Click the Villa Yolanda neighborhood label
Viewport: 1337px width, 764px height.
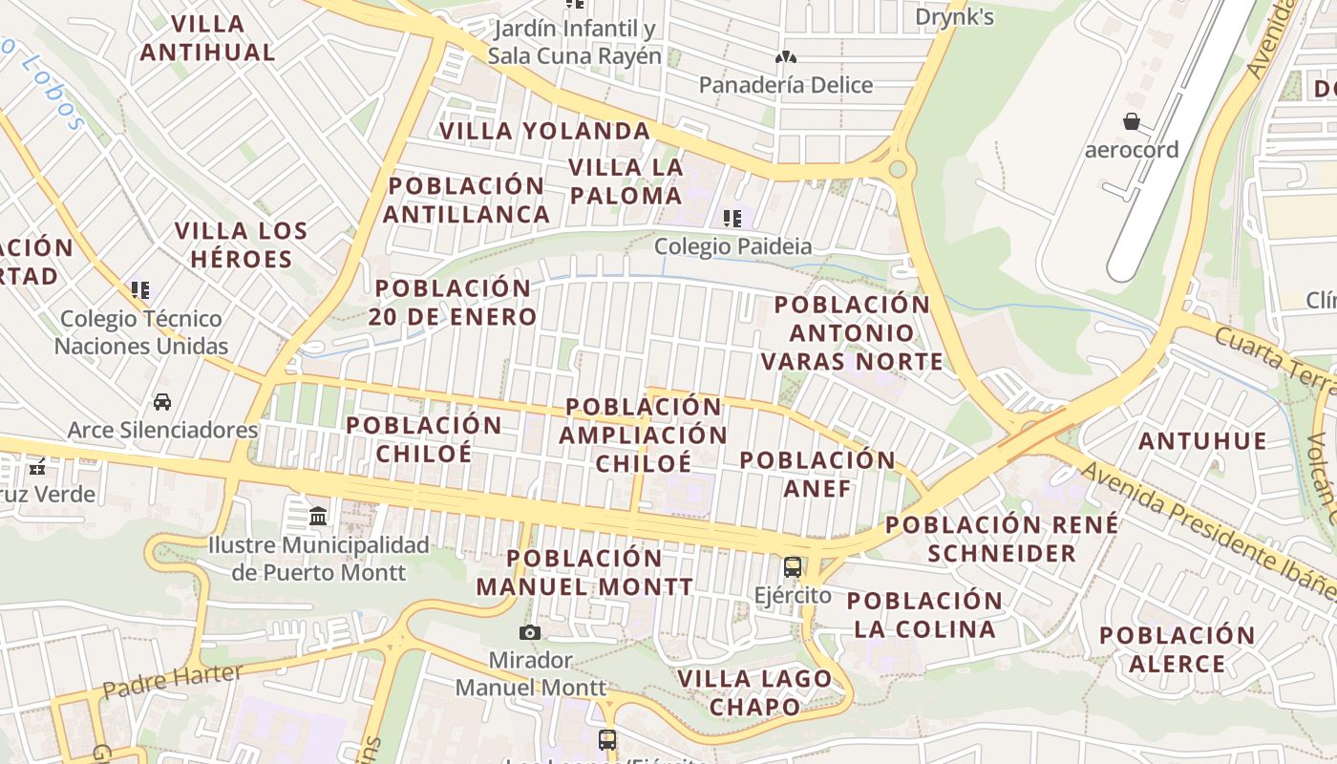pos(544,131)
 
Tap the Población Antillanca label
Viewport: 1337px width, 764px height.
pos(466,200)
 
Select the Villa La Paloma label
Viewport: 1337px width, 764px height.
pos(626,181)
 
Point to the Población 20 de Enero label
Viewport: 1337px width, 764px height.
pos(453,302)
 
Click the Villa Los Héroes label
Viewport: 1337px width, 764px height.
pos(242,244)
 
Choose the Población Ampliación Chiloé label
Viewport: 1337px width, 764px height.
pos(644,435)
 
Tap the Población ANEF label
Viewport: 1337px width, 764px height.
pos(817,474)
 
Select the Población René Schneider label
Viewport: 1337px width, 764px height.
pos(1002,539)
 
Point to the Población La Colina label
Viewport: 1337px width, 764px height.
pos(924,615)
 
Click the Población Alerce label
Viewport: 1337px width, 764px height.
pos(1177,649)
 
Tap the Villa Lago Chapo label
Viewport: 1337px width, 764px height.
pos(754,692)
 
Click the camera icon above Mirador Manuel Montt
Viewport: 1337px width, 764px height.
pos(529,632)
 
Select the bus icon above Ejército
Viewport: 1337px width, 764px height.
pos(792,566)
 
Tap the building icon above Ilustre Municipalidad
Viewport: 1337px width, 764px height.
pos(318,517)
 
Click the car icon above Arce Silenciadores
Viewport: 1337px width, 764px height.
pos(162,402)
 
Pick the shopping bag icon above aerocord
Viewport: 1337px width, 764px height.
pos(1132,121)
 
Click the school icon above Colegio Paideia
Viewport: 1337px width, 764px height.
pos(732,219)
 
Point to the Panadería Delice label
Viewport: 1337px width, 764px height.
pos(786,85)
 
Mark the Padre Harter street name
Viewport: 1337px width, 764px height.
pos(172,680)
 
